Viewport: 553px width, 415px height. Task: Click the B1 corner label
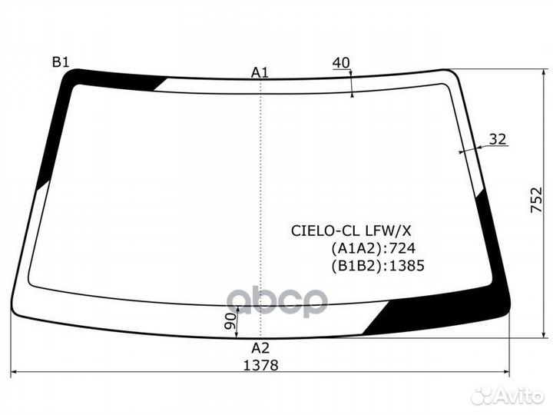[60, 62]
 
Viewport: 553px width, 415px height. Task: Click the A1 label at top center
[260, 72]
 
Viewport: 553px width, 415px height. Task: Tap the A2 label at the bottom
[260, 347]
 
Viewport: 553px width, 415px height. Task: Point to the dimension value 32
[498, 139]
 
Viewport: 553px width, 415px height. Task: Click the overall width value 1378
[260, 365]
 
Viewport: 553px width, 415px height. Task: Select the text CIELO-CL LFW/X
[355, 230]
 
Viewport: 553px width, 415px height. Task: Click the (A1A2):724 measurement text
[374, 247]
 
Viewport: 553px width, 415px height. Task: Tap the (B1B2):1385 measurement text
[378, 265]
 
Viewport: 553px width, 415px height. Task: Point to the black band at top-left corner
[115, 78]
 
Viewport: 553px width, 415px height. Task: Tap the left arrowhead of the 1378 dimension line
[15, 373]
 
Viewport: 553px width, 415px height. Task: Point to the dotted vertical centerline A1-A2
[261, 200]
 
